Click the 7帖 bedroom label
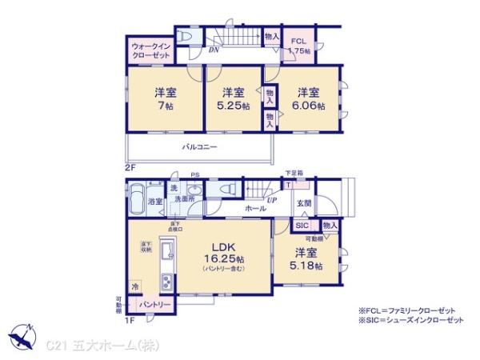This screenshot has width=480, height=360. coord(163,98)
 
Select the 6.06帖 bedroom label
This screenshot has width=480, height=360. coord(310,98)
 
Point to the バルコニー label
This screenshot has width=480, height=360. coord(200,147)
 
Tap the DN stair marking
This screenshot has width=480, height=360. coord(214,50)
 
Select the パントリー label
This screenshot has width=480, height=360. coord(157,305)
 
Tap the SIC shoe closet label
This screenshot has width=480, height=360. coord(302,226)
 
